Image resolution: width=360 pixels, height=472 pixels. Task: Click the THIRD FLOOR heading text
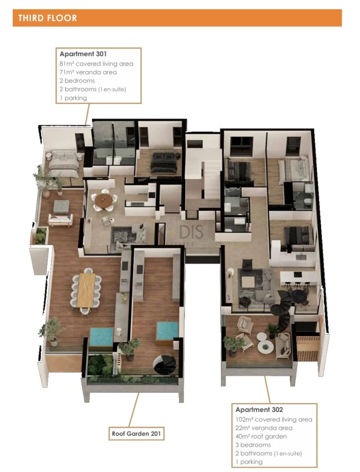pyautogui.click(x=47, y=18)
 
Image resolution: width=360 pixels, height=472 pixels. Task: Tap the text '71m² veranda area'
pyautogui.click(x=88, y=72)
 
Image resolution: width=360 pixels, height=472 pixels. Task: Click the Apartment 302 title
pyautogui.click(x=259, y=410)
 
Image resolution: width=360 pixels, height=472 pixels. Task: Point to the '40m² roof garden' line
pyautogui.click(x=261, y=436)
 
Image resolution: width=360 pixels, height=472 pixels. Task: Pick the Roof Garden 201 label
pyautogui.click(x=136, y=434)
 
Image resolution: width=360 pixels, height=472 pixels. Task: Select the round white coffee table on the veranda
pyautogui.click(x=265, y=346)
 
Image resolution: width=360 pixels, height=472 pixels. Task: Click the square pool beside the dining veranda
pyautogui.click(x=102, y=336)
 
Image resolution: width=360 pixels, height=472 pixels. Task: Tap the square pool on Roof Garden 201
pyautogui.click(x=167, y=330)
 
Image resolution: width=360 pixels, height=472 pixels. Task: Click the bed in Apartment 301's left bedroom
pyautogui.click(x=63, y=163)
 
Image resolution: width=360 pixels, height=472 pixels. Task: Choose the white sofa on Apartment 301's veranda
pyautogui.click(x=60, y=219)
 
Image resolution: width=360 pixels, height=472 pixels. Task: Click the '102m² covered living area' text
pyautogui.click(x=273, y=420)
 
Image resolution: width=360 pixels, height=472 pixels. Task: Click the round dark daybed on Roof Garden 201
pyautogui.click(x=165, y=363)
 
